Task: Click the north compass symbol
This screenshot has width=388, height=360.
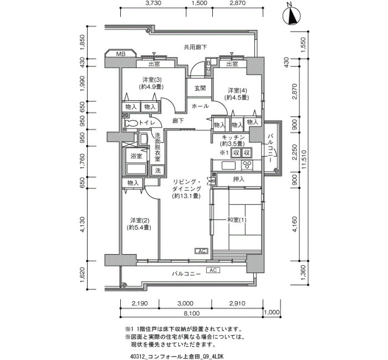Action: pos(292,16)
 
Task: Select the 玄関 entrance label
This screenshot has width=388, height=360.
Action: pos(200,88)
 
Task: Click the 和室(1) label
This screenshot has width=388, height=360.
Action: pos(237,220)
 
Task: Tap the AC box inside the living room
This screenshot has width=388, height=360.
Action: pos(201,251)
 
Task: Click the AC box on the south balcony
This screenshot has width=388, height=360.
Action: pos(213,270)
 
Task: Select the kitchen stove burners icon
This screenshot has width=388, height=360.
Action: pos(247,165)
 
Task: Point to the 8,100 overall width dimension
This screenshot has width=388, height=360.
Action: pos(192,313)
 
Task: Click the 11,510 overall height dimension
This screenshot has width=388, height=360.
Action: pos(304,160)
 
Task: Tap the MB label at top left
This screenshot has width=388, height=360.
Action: pos(120,54)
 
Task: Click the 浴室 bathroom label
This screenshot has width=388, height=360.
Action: pos(136,156)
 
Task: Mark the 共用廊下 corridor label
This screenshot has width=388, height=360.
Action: pos(196,47)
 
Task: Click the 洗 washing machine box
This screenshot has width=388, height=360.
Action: pos(157,171)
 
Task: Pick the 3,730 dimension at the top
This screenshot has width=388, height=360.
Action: pos(153,3)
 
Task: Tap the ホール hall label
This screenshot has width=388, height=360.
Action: pos(200,106)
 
